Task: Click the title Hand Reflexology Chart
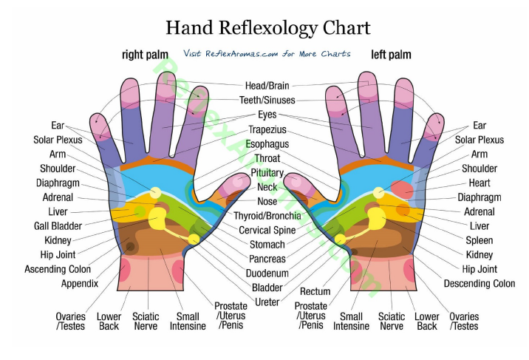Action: [267, 27]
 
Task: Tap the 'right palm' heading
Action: [146, 55]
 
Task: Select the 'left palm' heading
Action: [391, 55]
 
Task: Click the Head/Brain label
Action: [267, 86]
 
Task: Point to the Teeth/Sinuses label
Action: [267, 100]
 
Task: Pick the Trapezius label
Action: [267, 130]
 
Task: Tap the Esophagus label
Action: [267, 144]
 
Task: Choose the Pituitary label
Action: [267, 173]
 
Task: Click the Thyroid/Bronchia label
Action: [267, 216]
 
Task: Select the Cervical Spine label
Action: [267, 230]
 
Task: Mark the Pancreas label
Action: [267, 259]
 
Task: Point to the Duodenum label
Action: [267, 273]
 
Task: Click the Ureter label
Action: [267, 302]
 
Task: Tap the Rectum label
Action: [315, 291]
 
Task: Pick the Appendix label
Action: [81, 284]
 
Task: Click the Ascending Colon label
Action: [58, 269]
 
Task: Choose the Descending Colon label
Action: [479, 283]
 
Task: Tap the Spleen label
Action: [479, 240]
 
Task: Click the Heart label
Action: [479, 183]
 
